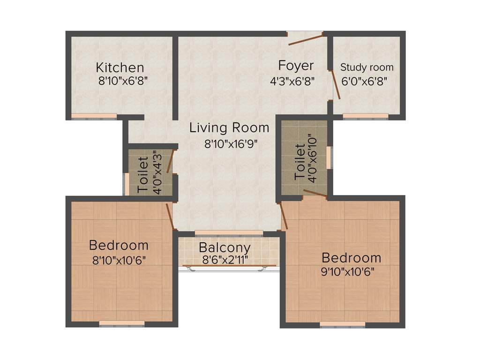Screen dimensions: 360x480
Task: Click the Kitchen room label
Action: pyautogui.click(x=120, y=67)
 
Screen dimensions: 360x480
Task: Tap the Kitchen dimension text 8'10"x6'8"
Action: pyautogui.click(x=123, y=81)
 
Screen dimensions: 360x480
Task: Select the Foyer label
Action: pyautogui.click(x=296, y=65)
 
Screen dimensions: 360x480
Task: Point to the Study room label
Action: pyautogui.click(x=367, y=67)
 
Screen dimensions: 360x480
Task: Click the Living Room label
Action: pyautogui.click(x=229, y=127)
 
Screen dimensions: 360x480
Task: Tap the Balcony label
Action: pyautogui.click(x=225, y=247)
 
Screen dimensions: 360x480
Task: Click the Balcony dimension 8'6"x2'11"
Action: pyautogui.click(x=225, y=259)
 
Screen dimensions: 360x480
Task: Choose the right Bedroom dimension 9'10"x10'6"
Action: pyautogui.click(x=347, y=271)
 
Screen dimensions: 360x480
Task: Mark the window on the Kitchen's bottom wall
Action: pyautogui.click(x=94, y=116)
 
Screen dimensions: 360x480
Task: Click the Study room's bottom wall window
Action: pyautogui.click(x=365, y=116)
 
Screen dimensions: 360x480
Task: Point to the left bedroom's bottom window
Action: pyautogui.click(x=122, y=323)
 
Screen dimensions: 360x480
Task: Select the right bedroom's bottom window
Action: pyautogui.click(x=342, y=323)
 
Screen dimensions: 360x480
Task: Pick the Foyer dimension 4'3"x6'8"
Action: pyautogui.click(x=292, y=81)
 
